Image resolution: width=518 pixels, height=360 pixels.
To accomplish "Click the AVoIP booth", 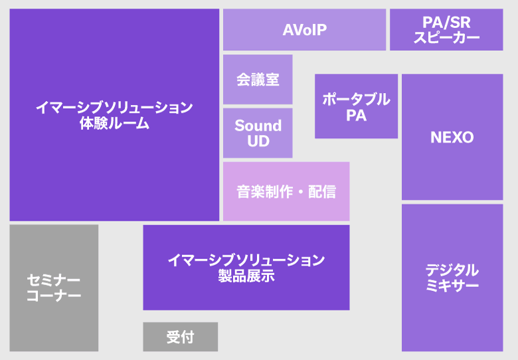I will (304, 30).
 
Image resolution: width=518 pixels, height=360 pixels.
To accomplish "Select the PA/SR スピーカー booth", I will (446, 30).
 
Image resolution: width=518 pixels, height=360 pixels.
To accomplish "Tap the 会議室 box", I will (258, 80).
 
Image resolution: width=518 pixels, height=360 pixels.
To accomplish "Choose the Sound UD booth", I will (258, 133).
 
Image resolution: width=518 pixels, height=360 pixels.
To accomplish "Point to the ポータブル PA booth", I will (356, 106).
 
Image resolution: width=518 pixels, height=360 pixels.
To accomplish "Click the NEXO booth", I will (452, 137).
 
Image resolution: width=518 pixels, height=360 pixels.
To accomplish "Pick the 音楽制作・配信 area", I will (286, 191).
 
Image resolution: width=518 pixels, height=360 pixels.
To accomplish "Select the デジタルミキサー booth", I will (452, 278).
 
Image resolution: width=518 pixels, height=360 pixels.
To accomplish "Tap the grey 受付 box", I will (180, 337).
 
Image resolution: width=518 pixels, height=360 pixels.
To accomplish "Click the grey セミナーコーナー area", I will (54, 288).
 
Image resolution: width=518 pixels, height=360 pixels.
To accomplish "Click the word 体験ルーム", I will (114, 124).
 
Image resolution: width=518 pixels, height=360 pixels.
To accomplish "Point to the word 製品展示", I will (246, 276).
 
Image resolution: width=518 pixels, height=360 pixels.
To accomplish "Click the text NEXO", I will (452, 137).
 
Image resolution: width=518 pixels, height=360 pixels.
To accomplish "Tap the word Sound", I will (258, 126).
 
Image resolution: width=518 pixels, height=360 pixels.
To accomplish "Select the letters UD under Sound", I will (258, 141).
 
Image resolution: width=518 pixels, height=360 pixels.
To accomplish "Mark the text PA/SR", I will (446, 23).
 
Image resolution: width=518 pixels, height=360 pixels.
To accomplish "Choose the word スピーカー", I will (446, 38).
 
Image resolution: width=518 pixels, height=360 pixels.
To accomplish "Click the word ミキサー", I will (452, 286).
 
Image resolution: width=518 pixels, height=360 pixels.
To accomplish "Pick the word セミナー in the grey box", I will (54, 280).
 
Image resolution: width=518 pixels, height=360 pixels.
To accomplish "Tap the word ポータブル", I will (356, 99).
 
